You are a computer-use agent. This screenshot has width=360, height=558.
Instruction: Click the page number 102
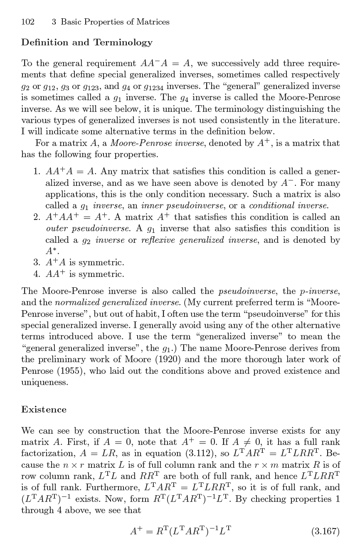[27, 22]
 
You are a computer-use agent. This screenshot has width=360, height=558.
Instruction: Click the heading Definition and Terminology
[86, 42]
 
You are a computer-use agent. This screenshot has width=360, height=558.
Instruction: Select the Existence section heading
[44, 410]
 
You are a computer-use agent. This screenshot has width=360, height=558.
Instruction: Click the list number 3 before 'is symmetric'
[37, 263]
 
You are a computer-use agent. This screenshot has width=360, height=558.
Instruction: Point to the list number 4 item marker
[37, 274]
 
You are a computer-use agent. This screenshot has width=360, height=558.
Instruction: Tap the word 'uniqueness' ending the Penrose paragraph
[44, 383]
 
